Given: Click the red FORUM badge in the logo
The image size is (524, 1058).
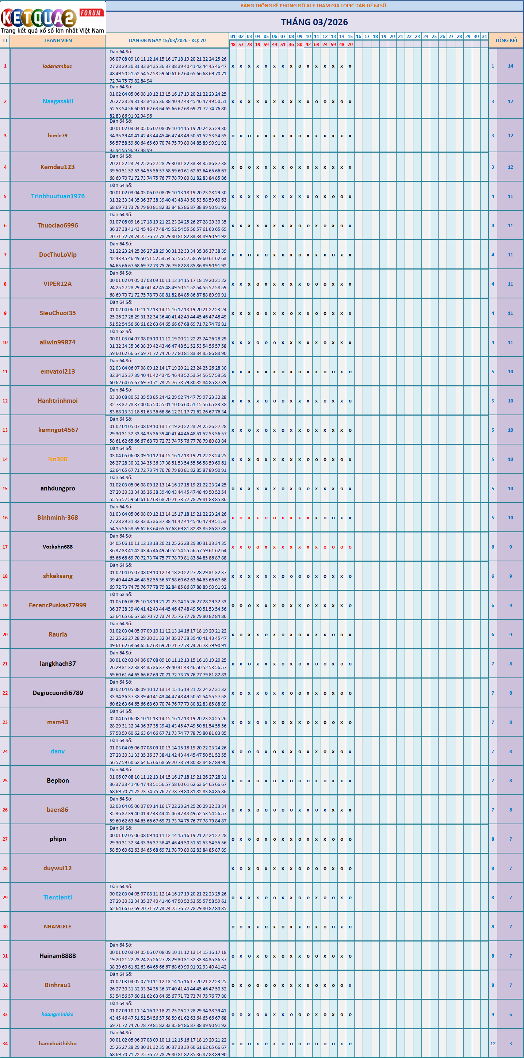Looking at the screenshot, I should (91, 13).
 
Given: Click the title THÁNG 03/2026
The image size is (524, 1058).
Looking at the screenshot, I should (314, 22).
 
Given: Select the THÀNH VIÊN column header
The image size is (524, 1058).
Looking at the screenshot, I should (57, 40).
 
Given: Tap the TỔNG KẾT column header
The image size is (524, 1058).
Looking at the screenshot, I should (506, 40).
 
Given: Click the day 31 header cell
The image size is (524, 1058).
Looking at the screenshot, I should (485, 36).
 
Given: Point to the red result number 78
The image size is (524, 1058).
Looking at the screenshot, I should (249, 44).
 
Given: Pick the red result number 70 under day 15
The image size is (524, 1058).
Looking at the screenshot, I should (350, 44).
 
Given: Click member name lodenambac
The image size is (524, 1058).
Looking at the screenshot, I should (57, 66).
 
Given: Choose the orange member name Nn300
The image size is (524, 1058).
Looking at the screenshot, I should (57, 459).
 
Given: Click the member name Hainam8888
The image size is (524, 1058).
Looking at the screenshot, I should (57, 956).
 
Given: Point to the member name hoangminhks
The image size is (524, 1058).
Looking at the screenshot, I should (57, 1014).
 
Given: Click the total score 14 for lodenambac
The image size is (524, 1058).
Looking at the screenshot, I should (510, 66).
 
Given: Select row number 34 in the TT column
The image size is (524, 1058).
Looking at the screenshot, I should (5, 1043).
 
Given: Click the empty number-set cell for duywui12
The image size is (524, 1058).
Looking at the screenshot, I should (167, 868).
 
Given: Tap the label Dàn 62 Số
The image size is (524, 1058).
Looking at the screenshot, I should (121, 332).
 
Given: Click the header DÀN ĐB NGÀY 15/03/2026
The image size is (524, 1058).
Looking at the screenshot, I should (167, 40).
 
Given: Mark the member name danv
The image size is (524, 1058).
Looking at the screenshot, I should (57, 751).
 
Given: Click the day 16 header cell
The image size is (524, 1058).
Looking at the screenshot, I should (359, 36).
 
